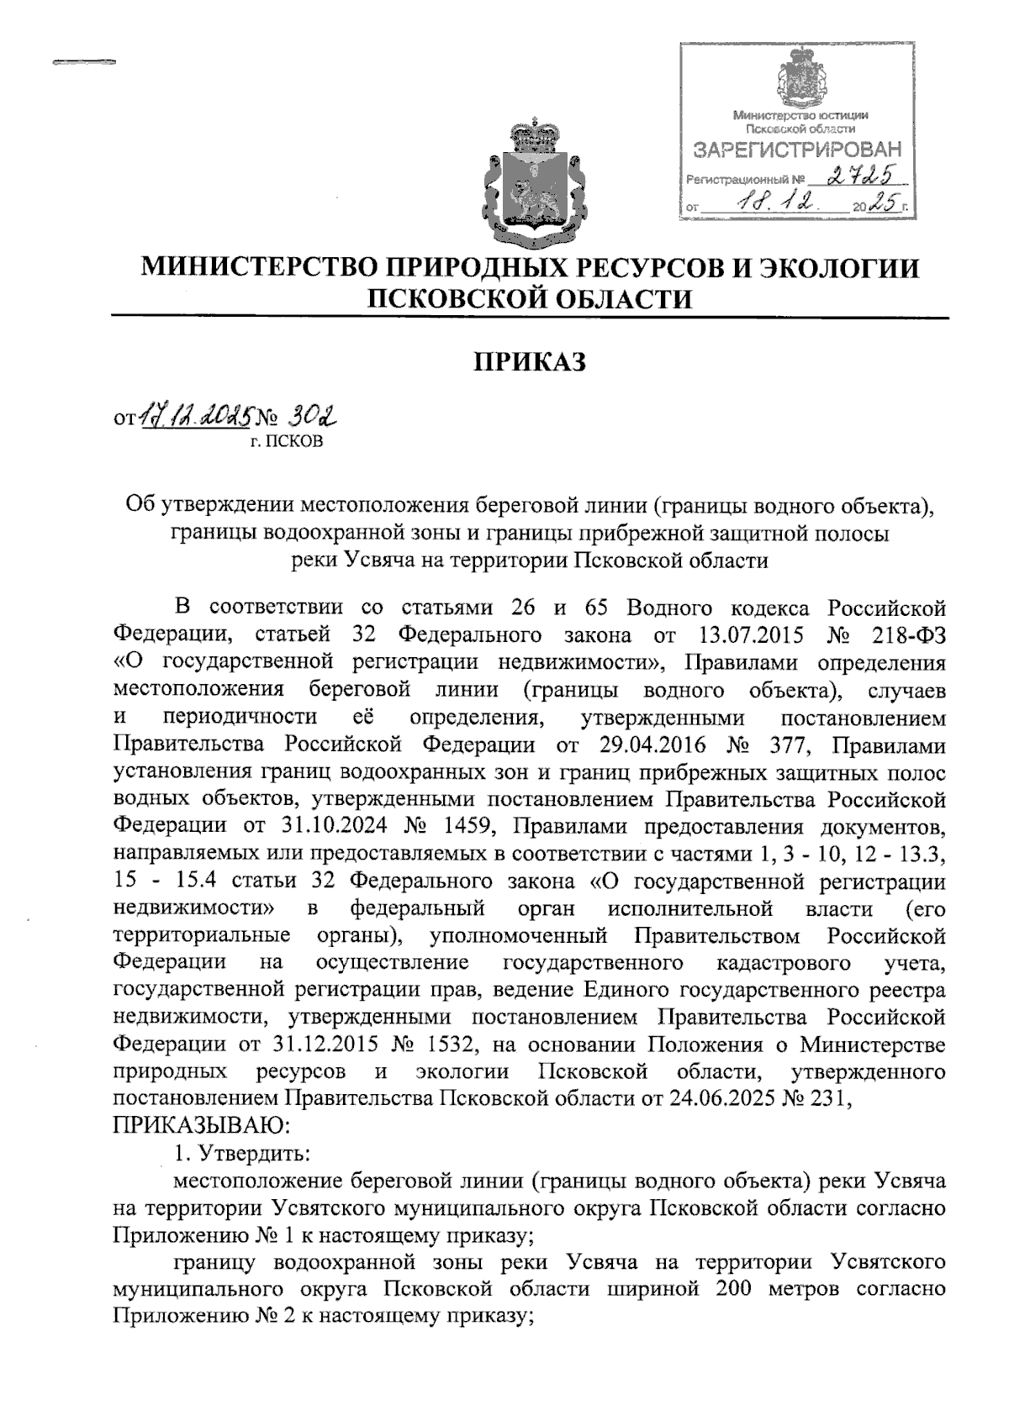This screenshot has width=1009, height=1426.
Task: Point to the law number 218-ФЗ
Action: click(x=909, y=636)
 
